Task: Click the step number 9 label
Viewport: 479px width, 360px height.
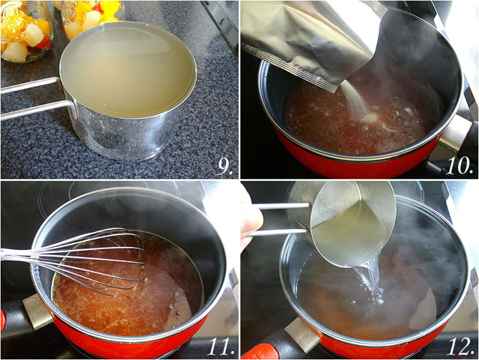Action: tap(225, 167)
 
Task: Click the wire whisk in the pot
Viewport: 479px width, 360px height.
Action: tap(76, 260)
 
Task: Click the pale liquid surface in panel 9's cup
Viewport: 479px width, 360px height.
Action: tap(128, 69)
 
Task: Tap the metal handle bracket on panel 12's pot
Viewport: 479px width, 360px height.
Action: tap(301, 335)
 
